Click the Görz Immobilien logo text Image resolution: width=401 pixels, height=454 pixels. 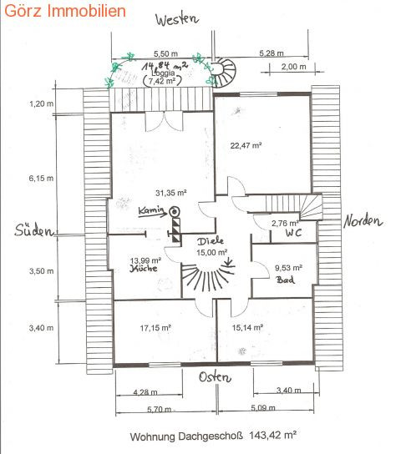(x=65, y=11)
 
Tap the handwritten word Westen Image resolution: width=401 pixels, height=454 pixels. (x=177, y=19)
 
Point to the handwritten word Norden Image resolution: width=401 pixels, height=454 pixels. (x=363, y=221)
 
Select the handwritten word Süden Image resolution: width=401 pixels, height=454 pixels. (x=34, y=230)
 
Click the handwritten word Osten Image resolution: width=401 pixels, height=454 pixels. (x=215, y=377)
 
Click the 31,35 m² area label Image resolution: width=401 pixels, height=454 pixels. (x=171, y=193)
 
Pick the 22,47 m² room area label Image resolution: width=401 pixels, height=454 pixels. (x=246, y=145)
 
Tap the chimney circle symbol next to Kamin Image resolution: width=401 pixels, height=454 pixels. (x=175, y=212)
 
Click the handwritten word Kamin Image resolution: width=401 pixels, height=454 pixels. (x=151, y=210)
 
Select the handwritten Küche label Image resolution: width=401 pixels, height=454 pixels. (x=144, y=269)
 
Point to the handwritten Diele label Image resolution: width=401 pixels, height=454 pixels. (x=211, y=241)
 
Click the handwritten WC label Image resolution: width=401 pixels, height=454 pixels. (x=293, y=233)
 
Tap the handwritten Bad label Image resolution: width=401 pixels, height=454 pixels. (x=286, y=280)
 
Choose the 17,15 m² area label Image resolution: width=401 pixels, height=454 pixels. (x=155, y=328)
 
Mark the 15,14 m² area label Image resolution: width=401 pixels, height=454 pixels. (x=247, y=327)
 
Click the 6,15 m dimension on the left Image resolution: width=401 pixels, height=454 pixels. (x=41, y=178)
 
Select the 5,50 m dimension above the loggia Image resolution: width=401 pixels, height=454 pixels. (x=165, y=53)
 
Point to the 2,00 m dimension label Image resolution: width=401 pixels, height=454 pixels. (x=293, y=67)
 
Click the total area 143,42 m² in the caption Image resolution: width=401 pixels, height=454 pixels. (x=272, y=435)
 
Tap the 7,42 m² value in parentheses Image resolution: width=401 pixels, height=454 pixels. (x=162, y=81)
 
